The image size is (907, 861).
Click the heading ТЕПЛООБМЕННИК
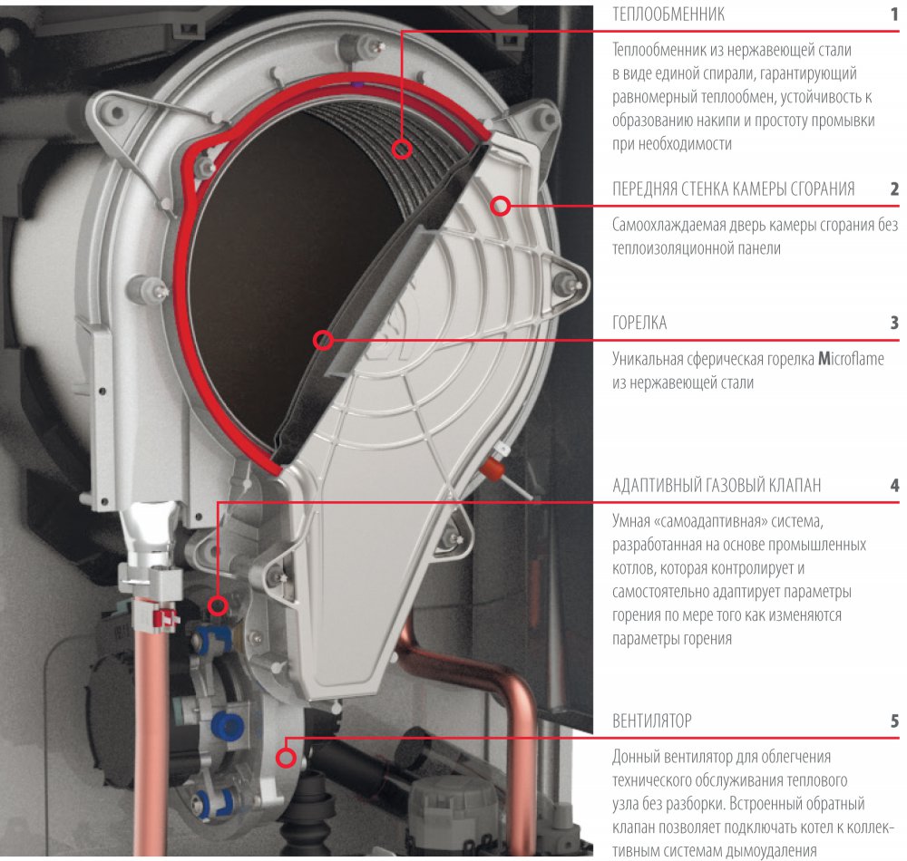point(668,15)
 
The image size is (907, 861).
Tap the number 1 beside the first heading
point(894,15)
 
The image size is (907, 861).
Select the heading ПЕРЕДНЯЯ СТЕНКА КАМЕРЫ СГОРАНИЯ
point(734,189)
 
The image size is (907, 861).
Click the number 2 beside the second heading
point(894,189)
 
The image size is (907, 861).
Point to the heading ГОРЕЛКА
point(639,323)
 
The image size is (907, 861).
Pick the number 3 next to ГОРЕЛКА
point(894,323)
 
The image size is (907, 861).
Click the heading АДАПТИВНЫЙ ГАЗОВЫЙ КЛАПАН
point(717,486)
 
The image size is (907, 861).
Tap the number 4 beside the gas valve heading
point(894,486)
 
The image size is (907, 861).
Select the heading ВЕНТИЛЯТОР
point(652,721)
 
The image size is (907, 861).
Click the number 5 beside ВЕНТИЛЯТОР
point(894,721)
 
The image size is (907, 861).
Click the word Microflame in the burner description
point(851,360)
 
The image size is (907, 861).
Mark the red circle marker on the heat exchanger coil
point(402,149)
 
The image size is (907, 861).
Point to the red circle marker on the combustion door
point(501,206)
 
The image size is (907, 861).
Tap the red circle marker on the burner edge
point(324,340)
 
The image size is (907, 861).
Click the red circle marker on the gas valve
point(218,605)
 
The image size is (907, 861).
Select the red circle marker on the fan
point(286,757)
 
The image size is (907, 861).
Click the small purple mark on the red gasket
point(357,84)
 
